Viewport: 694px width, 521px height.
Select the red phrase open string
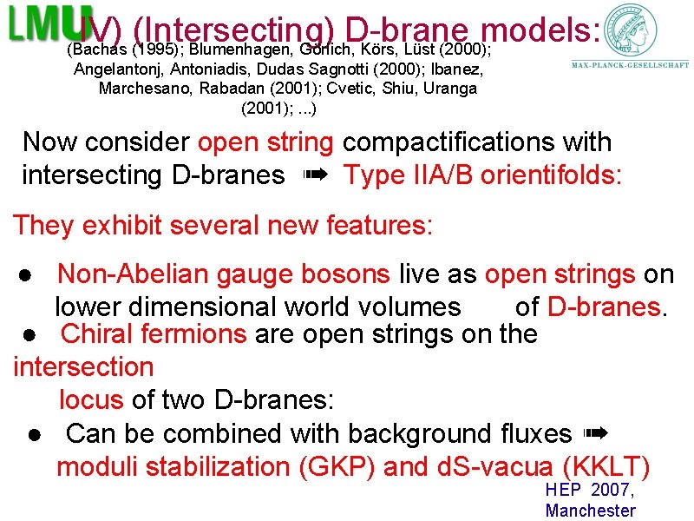[265, 142]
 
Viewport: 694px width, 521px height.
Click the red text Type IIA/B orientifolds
[482, 175]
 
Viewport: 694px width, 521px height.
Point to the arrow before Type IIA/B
[314, 175]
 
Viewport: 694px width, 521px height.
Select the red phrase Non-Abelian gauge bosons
[223, 274]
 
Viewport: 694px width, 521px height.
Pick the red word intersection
[83, 366]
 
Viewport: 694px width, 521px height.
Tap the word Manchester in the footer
[590, 511]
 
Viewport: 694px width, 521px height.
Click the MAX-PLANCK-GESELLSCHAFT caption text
[631, 64]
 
